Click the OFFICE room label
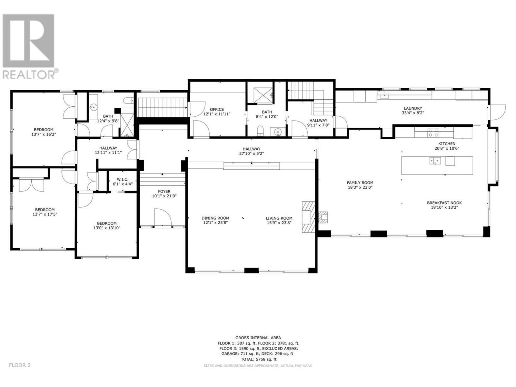(217, 109)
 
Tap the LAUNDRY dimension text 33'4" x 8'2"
(413, 113)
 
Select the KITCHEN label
(447, 144)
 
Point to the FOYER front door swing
(163, 217)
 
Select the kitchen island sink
(435, 161)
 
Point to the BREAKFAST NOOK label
(444, 203)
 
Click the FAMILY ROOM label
(360, 183)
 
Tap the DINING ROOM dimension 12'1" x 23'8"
(215, 223)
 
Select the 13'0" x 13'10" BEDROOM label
(107, 223)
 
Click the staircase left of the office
(162, 107)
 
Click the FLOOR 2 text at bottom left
(20, 365)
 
